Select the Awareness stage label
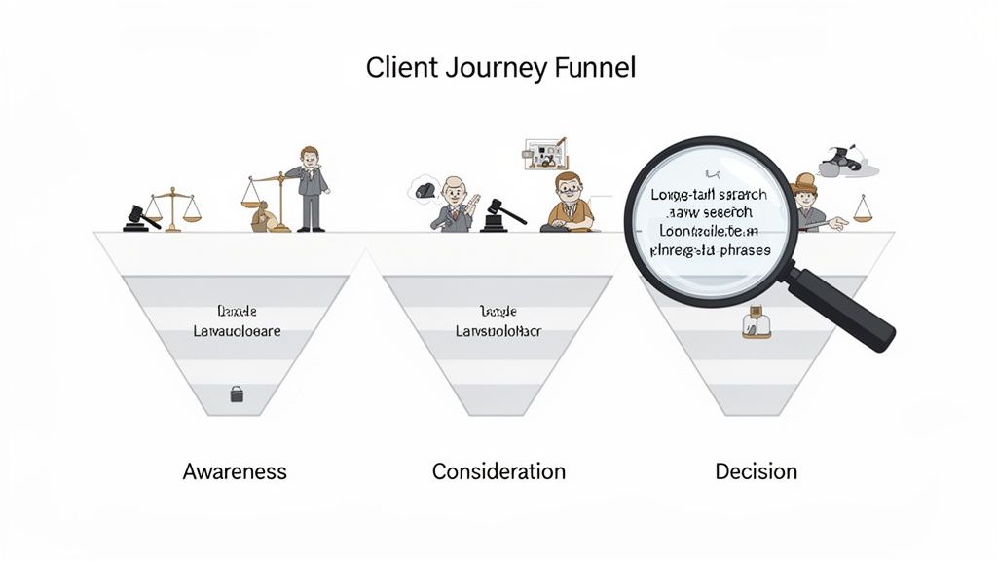pos(235,471)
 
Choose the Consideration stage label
pos(498,471)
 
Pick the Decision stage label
pos(756,471)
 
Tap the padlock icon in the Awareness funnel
pos(236,393)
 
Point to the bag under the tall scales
pos(262,220)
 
